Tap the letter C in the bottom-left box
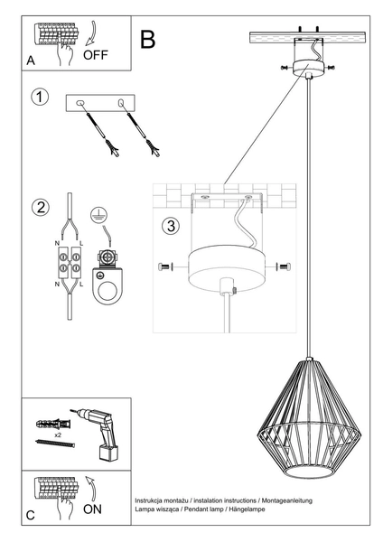tap(33, 515)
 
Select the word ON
tap(95, 509)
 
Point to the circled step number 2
tap(40, 208)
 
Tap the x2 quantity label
tap(57, 434)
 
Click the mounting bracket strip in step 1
tap(98, 105)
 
